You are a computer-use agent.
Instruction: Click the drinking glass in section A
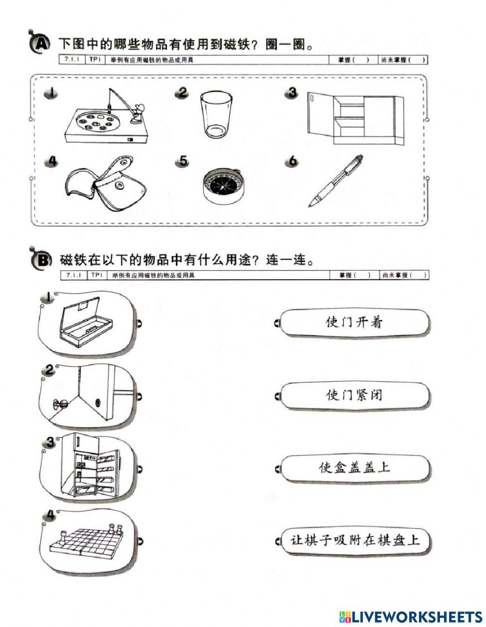[x=216, y=115]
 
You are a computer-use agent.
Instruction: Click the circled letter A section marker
[x=40, y=45]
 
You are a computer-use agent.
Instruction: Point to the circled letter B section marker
[x=42, y=260]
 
